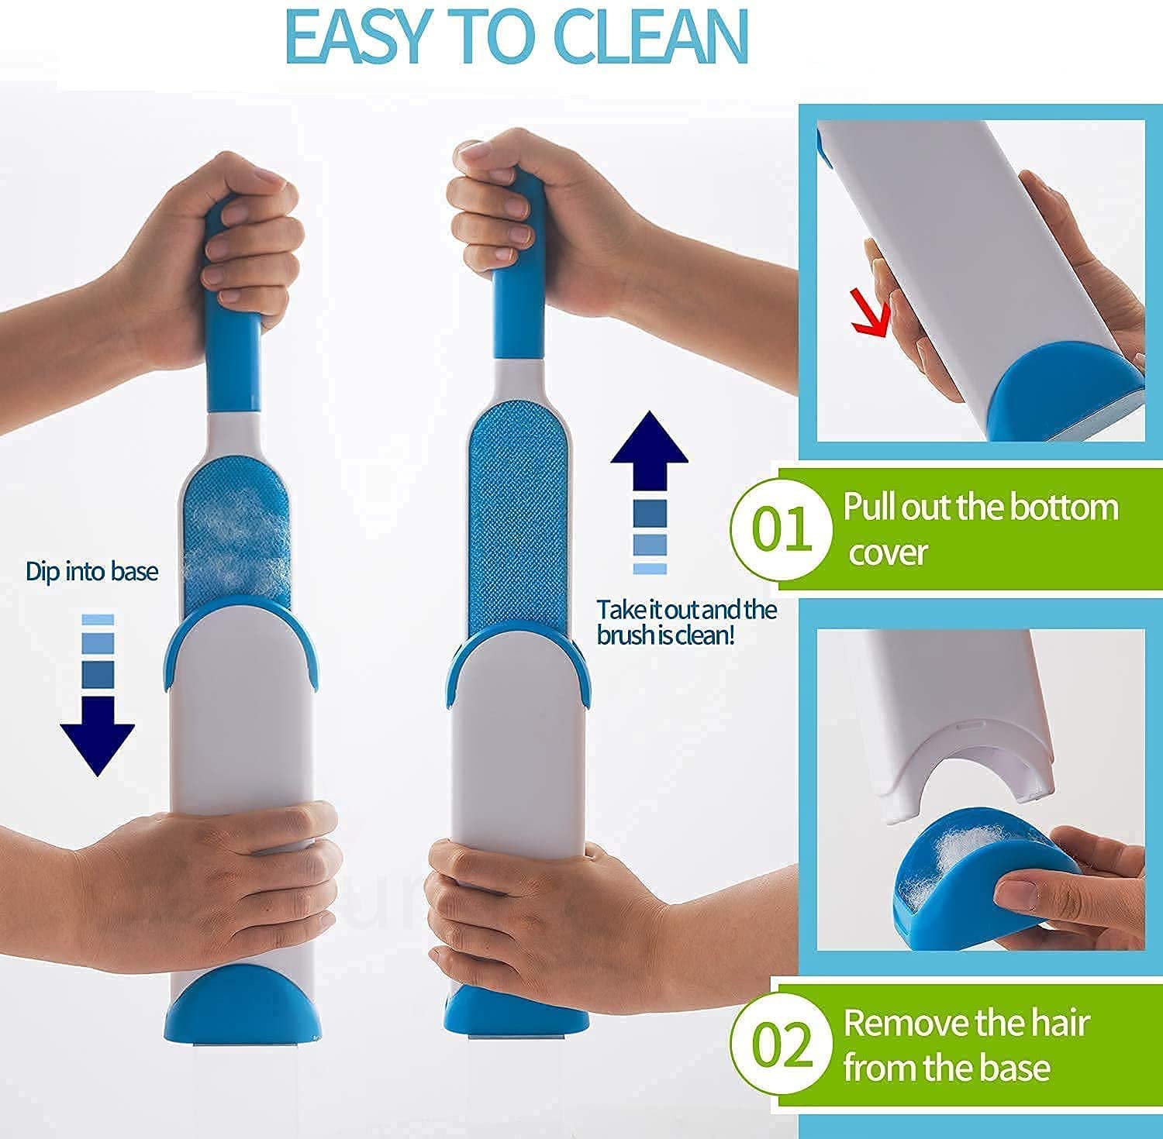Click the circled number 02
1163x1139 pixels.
click(x=782, y=1044)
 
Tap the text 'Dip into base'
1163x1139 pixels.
click(x=91, y=573)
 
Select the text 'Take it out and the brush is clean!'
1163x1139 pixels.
click(x=686, y=622)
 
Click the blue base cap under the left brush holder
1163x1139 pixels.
click(x=239, y=1007)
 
